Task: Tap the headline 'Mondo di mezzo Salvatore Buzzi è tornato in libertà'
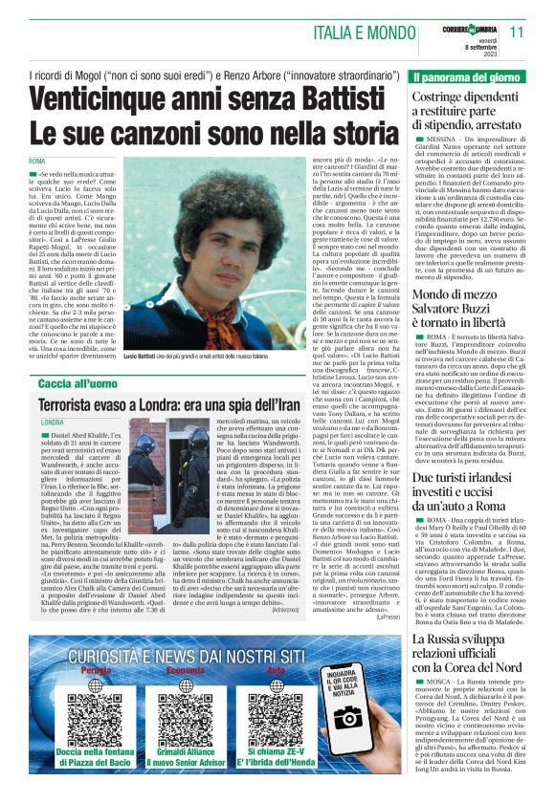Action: pyautogui.click(x=465, y=314)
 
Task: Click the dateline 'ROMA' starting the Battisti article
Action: pyautogui.click(x=37, y=161)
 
